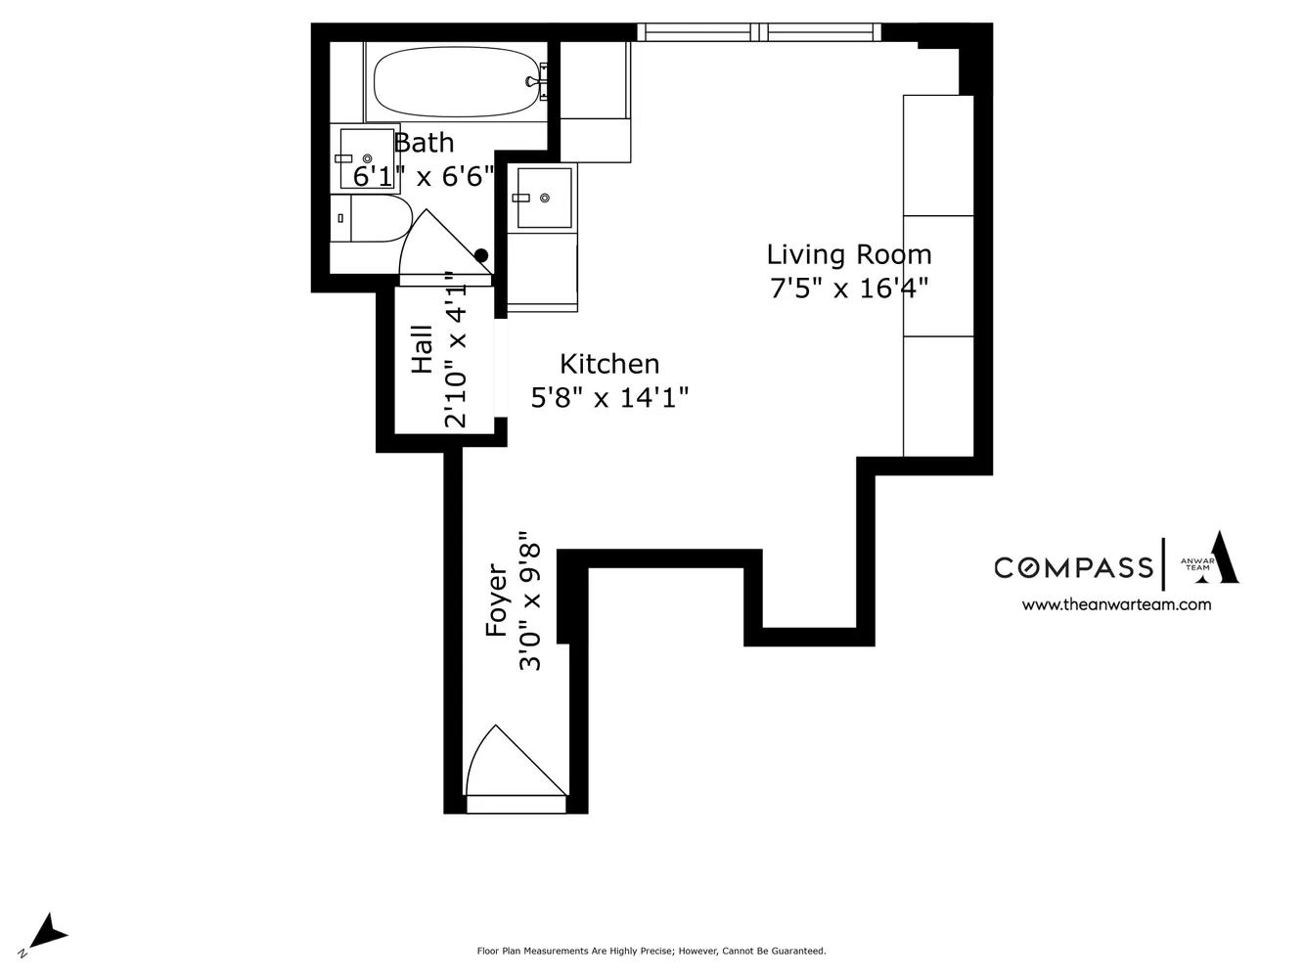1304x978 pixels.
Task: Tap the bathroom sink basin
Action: click(x=367, y=158)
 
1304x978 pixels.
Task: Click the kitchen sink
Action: click(x=544, y=198)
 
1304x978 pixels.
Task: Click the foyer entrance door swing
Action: click(x=504, y=765)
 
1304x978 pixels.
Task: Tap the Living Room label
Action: click(x=848, y=255)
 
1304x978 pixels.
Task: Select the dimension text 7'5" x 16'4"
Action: click(x=848, y=289)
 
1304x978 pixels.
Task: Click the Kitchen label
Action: click(x=609, y=364)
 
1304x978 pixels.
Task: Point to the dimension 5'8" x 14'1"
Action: click(x=609, y=397)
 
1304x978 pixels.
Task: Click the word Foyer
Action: click(x=497, y=600)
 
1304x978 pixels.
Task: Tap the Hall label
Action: click(x=423, y=349)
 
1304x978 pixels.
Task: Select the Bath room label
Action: click(x=424, y=143)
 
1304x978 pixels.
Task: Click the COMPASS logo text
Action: click(x=1073, y=567)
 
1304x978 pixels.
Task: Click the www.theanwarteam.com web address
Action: click(x=1116, y=604)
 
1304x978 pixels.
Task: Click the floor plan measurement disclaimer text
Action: click(x=651, y=951)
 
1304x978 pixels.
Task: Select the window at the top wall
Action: click(x=760, y=32)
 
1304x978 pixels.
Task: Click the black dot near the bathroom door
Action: click(x=481, y=256)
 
